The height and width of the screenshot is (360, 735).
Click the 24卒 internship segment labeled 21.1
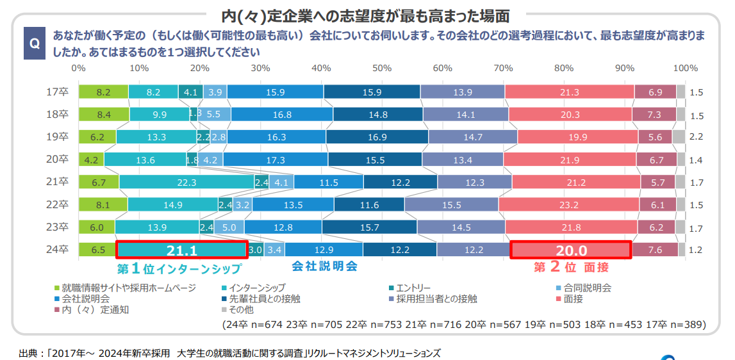click(x=181, y=250)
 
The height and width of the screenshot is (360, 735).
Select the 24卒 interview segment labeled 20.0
click(x=570, y=250)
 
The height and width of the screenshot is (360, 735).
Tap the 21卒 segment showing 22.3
click(x=186, y=183)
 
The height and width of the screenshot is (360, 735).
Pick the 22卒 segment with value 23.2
click(x=568, y=205)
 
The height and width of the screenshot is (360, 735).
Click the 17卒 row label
click(x=58, y=92)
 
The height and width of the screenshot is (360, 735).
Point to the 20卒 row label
click(x=58, y=160)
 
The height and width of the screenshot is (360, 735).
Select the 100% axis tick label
click(x=686, y=68)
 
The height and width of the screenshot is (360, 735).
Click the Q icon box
click(x=35, y=43)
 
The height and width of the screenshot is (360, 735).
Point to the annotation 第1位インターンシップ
click(x=179, y=269)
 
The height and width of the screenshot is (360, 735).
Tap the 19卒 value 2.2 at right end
click(x=697, y=137)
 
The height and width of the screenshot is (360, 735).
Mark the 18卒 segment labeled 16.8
click(x=282, y=115)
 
